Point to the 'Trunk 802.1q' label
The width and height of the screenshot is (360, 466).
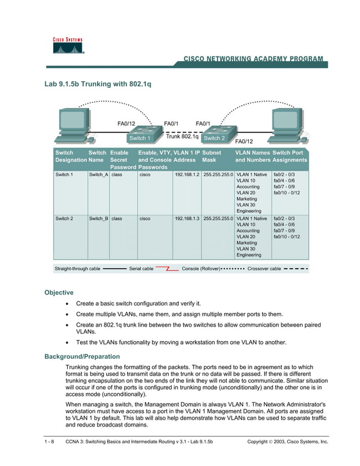pyautogui.click(x=182, y=137)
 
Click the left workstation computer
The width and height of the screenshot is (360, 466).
pyautogui.click(x=72, y=126)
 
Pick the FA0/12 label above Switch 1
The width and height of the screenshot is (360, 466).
pyautogui.click(x=126, y=123)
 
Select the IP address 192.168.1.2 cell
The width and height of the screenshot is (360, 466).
pyautogui.click(x=187, y=175)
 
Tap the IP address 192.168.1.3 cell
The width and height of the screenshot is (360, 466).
pyautogui.click(x=187, y=218)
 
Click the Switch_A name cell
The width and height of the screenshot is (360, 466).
pyautogui.click(x=98, y=175)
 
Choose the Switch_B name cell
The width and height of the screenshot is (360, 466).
pyautogui.click(x=98, y=218)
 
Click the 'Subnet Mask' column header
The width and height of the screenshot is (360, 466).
pyautogui.click(x=213, y=156)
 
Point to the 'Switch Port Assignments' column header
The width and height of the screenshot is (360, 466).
pyautogui.click(x=289, y=156)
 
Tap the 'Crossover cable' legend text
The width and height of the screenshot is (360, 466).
pyautogui.click(x=264, y=269)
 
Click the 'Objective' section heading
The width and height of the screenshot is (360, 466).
pyautogui.click(x=59, y=292)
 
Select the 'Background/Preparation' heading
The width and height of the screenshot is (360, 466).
pyautogui.click(x=82, y=357)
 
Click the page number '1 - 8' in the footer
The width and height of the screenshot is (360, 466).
pyautogui.click(x=49, y=442)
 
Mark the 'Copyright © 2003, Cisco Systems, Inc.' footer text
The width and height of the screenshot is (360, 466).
pyautogui.click(x=287, y=442)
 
